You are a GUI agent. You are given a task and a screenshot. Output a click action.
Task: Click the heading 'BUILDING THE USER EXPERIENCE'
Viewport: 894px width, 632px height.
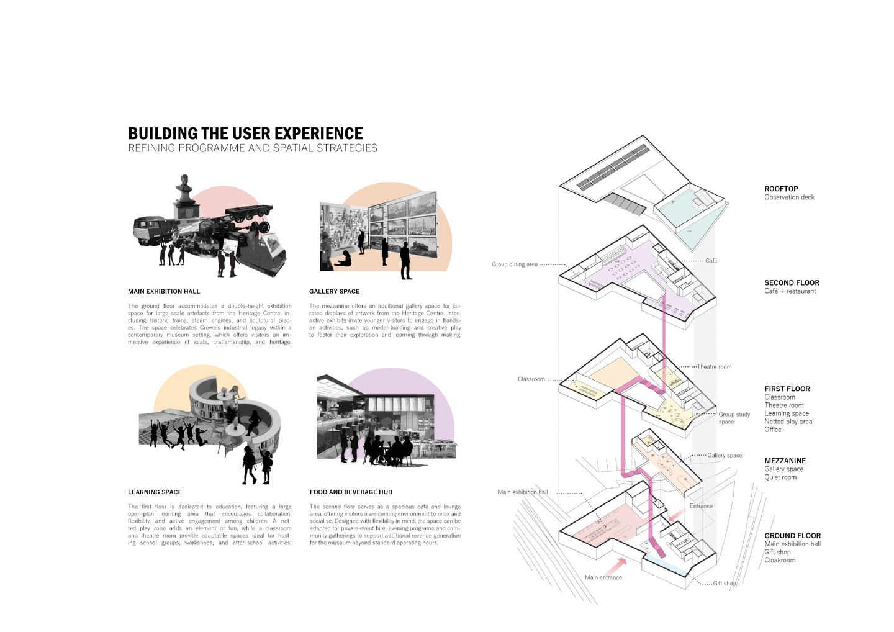click(x=245, y=133)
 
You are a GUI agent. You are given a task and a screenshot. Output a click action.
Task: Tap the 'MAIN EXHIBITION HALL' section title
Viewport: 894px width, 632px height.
click(x=164, y=292)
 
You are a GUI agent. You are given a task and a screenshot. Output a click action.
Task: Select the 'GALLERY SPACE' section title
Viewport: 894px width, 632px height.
click(x=334, y=292)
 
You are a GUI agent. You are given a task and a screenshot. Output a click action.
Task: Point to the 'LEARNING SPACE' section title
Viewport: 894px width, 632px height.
click(x=155, y=492)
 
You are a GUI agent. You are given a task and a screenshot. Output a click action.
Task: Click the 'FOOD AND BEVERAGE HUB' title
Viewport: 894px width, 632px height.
click(x=351, y=492)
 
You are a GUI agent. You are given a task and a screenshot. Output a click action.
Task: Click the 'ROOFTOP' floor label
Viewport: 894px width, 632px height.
click(x=781, y=189)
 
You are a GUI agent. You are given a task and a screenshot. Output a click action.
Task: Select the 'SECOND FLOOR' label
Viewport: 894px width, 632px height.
click(x=792, y=282)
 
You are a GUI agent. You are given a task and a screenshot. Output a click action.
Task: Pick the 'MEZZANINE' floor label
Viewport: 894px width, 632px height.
click(x=784, y=461)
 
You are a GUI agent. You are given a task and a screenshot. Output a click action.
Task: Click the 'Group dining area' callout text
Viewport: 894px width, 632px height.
click(x=515, y=264)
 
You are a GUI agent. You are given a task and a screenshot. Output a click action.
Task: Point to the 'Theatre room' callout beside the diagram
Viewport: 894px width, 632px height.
click(x=714, y=367)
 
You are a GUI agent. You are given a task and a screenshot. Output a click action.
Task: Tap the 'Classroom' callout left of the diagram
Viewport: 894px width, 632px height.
click(x=531, y=379)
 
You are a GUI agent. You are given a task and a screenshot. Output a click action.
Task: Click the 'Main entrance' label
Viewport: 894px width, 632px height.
click(x=603, y=577)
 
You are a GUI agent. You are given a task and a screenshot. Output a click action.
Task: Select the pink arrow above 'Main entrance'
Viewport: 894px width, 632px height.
click(x=616, y=566)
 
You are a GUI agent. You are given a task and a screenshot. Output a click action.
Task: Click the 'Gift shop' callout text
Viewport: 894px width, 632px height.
click(x=725, y=584)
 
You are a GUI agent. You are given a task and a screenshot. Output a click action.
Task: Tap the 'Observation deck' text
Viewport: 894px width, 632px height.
click(x=789, y=197)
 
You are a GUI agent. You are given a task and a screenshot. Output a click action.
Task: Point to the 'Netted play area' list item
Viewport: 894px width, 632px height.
click(x=788, y=422)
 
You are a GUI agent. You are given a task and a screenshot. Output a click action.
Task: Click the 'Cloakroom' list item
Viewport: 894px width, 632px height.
click(x=780, y=560)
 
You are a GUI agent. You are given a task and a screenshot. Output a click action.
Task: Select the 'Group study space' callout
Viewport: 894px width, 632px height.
click(x=734, y=418)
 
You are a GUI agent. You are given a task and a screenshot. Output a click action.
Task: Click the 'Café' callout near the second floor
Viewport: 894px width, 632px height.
click(x=711, y=261)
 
